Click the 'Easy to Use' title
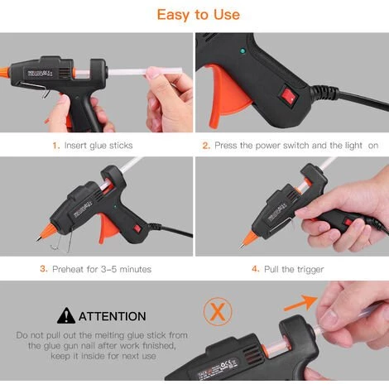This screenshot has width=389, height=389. point(198,14)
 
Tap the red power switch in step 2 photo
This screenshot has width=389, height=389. point(290,97)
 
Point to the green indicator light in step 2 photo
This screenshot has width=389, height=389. point(243,51)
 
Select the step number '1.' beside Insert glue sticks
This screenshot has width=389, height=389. point(56,146)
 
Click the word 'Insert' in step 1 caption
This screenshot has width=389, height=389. point(75,145)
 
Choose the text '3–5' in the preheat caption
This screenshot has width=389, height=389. point(108,269)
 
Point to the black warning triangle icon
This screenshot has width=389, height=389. point(66,316)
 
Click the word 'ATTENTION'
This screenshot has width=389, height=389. point(113,316)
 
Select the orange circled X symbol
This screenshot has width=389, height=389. point(218,311)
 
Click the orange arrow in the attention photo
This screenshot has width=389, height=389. point(300,303)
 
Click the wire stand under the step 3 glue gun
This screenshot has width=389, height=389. point(62,243)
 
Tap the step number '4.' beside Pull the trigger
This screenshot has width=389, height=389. point(256,269)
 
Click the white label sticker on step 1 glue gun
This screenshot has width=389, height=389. point(40,74)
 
